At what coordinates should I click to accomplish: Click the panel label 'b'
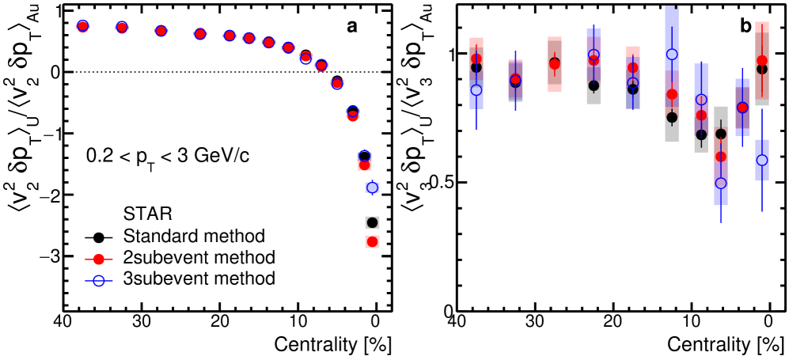pyautogui.click(x=745, y=26)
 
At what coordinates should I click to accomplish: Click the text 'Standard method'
pyautogui.click(x=193, y=236)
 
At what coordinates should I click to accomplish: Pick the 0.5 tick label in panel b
pyautogui.click(x=436, y=183)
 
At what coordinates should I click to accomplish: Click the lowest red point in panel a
pyautogui.click(x=372, y=241)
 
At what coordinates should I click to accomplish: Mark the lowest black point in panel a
pyautogui.click(x=372, y=222)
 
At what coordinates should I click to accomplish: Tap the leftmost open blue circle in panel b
pyautogui.click(x=476, y=90)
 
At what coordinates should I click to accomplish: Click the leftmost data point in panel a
pyautogui.click(x=82, y=26)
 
